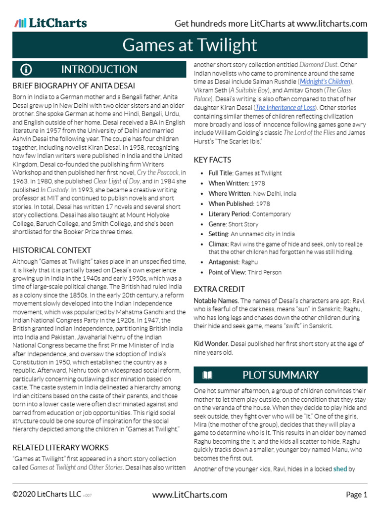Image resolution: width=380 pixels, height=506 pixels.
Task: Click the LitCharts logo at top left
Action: click(50, 23)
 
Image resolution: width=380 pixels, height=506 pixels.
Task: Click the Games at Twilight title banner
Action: click(190, 45)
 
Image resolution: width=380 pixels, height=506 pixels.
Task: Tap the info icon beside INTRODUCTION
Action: click(26, 70)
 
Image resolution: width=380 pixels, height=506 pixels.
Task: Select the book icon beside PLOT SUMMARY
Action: click(207, 375)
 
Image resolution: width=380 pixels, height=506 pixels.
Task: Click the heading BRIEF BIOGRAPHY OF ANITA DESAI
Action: click(73, 85)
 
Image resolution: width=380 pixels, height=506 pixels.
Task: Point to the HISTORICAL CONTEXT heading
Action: click(51, 251)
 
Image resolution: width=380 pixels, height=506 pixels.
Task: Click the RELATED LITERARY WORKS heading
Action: click(60, 448)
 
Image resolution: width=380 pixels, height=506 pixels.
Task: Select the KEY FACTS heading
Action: click(212, 160)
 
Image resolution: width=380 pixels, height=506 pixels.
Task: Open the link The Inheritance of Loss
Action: click(285, 107)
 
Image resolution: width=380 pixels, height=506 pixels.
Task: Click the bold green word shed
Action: click(340, 469)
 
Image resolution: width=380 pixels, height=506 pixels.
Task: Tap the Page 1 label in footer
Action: click(356, 495)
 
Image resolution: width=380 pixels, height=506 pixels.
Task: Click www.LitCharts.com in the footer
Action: click(190, 495)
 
